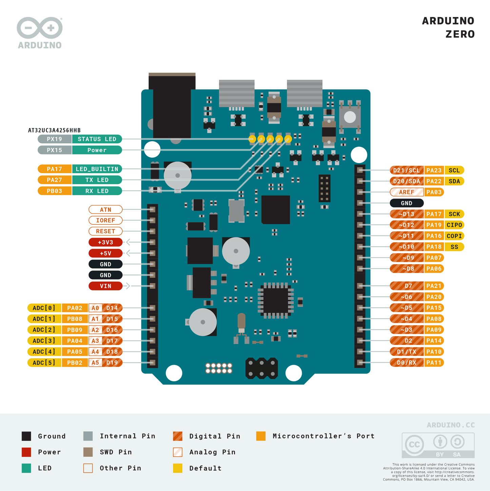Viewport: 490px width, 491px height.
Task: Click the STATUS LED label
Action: point(97,139)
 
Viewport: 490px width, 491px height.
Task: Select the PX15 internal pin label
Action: point(55,150)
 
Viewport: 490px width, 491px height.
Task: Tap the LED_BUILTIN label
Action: point(97,169)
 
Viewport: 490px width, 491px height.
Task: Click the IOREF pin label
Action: point(105,220)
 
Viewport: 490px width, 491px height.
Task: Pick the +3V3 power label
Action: point(105,242)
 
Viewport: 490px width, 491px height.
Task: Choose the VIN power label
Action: point(105,286)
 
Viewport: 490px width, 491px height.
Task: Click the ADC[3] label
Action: point(44,341)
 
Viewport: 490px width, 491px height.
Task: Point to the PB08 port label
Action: point(75,319)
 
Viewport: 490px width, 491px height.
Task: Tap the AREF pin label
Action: point(407,192)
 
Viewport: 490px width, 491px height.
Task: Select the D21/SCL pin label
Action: point(407,170)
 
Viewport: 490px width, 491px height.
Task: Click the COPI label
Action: point(454,236)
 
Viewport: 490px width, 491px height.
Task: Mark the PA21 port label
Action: point(434,286)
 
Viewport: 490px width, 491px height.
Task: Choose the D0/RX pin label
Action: point(407,363)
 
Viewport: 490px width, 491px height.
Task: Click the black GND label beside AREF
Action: point(407,203)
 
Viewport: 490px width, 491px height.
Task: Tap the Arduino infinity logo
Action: point(40,28)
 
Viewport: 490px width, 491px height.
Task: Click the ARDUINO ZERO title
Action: point(448,28)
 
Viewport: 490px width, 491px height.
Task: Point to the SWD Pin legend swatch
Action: point(88,452)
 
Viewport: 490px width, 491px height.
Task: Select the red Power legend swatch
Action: point(26,452)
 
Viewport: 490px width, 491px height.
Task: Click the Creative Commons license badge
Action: point(438,445)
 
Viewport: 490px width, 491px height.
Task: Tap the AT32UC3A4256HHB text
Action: point(54,130)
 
